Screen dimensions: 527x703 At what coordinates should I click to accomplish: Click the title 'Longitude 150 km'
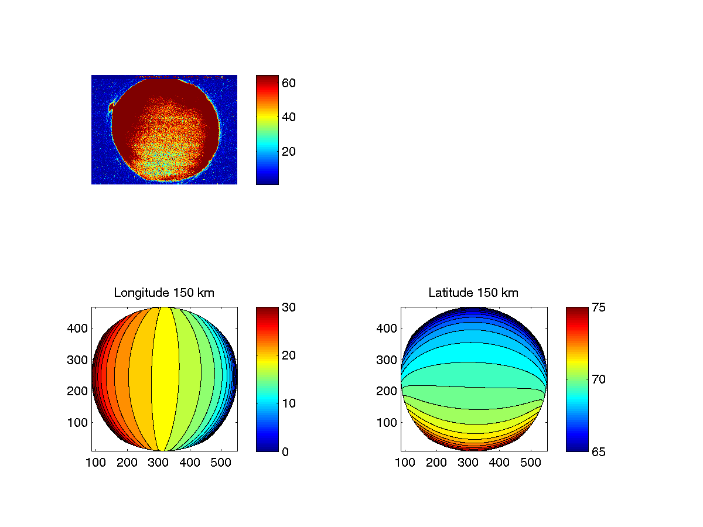[164, 293]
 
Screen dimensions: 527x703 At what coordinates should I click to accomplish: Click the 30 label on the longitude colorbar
[289, 307]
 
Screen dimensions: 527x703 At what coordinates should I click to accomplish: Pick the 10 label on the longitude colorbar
[289, 403]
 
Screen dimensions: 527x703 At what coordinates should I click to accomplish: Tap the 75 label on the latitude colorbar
[598, 307]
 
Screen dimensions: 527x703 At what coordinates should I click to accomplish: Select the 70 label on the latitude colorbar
[598, 379]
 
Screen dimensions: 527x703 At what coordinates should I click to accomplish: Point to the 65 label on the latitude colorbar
[598, 451]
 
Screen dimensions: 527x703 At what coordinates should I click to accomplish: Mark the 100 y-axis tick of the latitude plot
[388, 422]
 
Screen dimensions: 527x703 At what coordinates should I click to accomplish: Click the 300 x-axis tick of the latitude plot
[468, 463]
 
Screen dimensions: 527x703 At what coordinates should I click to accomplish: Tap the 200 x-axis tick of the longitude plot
[127, 463]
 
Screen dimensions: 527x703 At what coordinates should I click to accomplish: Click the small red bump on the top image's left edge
[111, 107]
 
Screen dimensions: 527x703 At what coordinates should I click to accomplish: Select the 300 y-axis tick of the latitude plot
[388, 360]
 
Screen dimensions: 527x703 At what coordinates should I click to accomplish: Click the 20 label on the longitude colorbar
[289, 355]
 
